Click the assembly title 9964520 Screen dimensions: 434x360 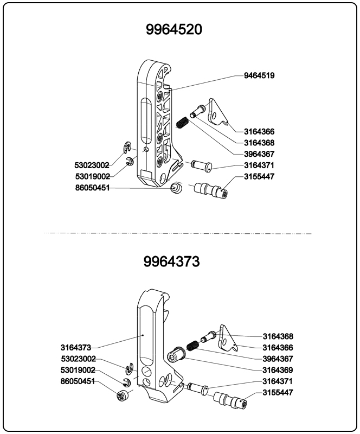tap(173, 29)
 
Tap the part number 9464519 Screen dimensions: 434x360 tap(259, 75)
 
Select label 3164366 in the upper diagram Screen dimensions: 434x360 tap(259, 131)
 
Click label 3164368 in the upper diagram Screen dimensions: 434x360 tap(259, 143)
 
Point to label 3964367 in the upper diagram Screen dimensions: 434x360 tap(259, 154)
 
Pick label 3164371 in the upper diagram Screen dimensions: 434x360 tap(259, 165)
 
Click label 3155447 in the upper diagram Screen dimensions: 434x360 tap(259, 177)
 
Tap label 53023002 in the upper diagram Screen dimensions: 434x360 tap(92, 165)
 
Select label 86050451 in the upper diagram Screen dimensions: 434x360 tap(92, 188)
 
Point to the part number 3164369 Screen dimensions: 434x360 tap(278, 370)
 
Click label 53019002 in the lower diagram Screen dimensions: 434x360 tap(79, 370)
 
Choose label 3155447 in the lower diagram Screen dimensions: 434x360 tap(278, 392)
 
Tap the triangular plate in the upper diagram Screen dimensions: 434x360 tap(218, 113)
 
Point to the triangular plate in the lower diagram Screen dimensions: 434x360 tap(228, 339)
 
